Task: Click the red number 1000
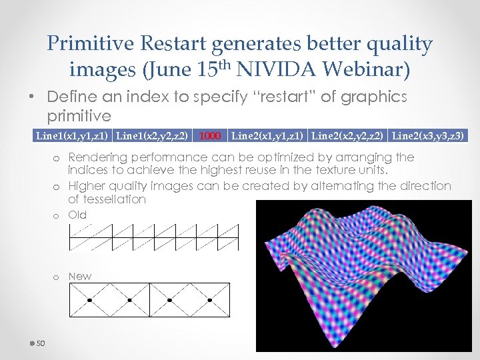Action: click(x=210, y=136)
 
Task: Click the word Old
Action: click(x=77, y=215)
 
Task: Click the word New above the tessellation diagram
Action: click(x=80, y=276)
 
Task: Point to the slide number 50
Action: click(x=40, y=343)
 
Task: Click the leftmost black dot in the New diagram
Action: click(x=89, y=300)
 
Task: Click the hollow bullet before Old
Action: click(x=58, y=215)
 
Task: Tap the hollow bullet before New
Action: click(x=58, y=277)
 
